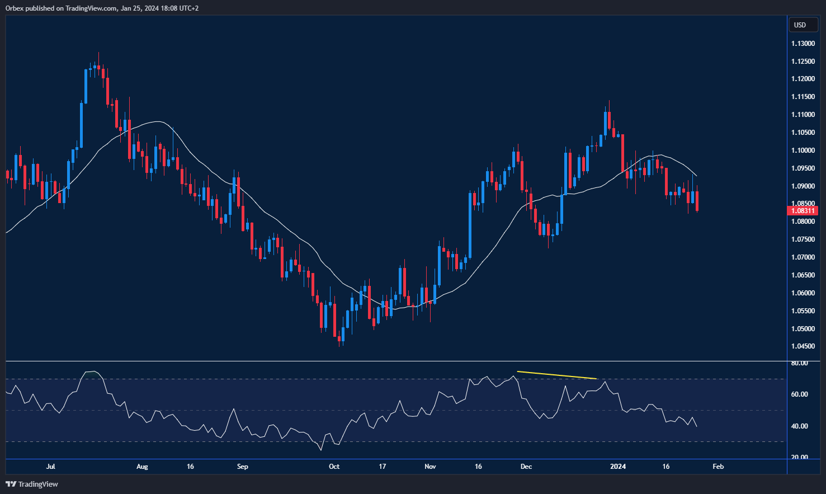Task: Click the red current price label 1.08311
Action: [x=803, y=211]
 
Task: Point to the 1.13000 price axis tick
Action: [x=803, y=44]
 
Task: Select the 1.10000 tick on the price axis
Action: [x=803, y=150]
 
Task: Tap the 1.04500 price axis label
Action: [x=803, y=346]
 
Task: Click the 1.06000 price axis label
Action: [x=803, y=293]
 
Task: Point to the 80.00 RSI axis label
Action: [x=799, y=363]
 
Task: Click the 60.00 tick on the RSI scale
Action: [x=799, y=394]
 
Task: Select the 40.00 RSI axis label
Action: [x=799, y=426]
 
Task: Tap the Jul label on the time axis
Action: [x=51, y=467]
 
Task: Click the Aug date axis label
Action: [x=142, y=467]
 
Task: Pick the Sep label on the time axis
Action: [x=242, y=467]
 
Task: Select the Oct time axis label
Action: [x=334, y=467]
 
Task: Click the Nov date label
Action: [x=430, y=467]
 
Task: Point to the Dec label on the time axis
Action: [x=526, y=467]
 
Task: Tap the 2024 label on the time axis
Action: [x=618, y=467]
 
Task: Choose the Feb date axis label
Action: [x=718, y=467]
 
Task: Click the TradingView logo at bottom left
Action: [x=32, y=484]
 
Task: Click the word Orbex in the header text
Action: [x=15, y=8]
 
